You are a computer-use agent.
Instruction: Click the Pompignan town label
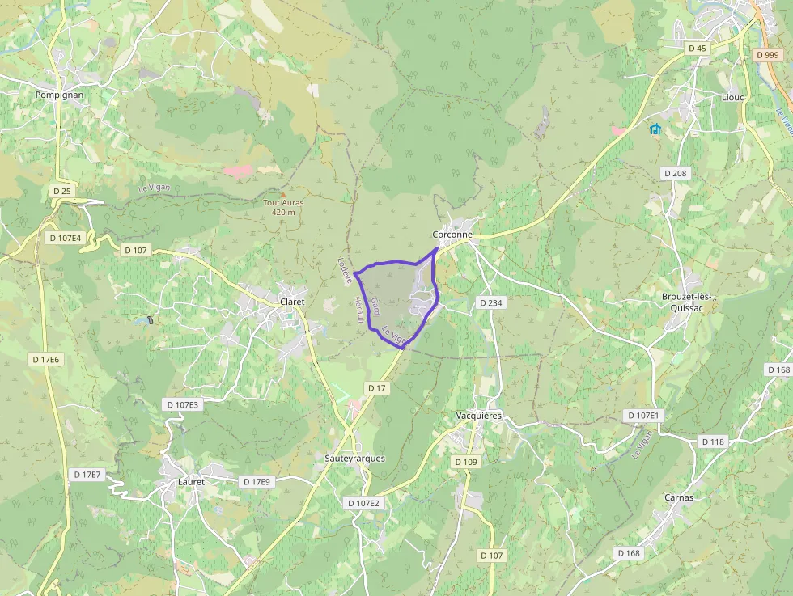click(59, 95)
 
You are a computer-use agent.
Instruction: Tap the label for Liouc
click(732, 96)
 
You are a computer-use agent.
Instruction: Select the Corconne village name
click(452, 235)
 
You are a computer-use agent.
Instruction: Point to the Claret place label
click(291, 302)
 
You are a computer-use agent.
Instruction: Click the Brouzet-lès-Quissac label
click(687, 302)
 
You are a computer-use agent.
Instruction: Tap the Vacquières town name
click(479, 416)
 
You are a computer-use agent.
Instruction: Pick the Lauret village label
click(191, 482)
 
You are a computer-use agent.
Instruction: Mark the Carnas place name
click(678, 497)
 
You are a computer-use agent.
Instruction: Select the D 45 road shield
click(697, 49)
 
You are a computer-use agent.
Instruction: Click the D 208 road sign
click(675, 173)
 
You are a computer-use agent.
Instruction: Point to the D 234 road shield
click(490, 302)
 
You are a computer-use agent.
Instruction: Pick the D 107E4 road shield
click(66, 238)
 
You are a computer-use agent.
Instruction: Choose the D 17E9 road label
click(257, 482)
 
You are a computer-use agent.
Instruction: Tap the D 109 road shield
click(466, 462)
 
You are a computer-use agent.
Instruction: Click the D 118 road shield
click(713, 442)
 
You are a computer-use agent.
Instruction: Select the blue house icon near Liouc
click(655, 129)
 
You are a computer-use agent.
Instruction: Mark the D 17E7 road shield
click(87, 475)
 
